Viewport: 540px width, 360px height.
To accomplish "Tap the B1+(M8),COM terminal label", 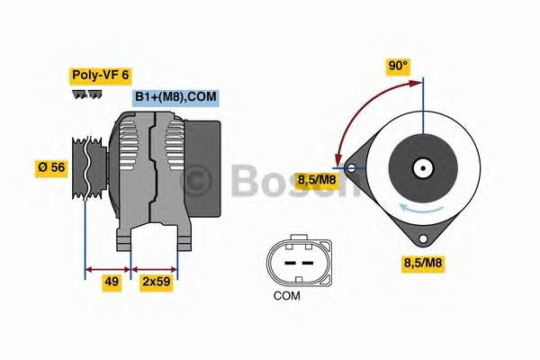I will click(x=175, y=96).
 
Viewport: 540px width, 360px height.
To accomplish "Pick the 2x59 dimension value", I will click(x=155, y=281).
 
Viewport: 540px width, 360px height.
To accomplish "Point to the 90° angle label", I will click(x=398, y=66).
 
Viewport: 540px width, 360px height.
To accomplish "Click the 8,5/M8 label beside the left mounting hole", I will click(x=318, y=178).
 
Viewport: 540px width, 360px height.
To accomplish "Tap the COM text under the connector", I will click(x=286, y=294).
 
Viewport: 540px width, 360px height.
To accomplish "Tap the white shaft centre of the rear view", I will click(x=420, y=167).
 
